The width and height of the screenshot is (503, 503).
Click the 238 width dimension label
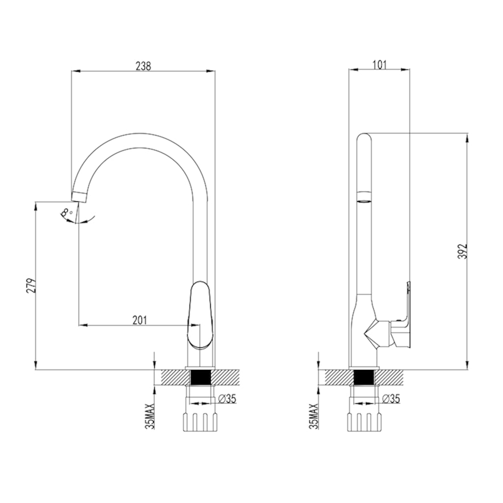click(x=143, y=66)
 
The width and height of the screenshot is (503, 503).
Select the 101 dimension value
click(x=379, y=64)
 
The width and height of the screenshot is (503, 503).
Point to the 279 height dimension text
click(x=29, y=286)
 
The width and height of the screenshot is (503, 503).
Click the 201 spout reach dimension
click(x=140, y=320)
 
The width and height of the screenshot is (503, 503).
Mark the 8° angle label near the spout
click(x=67, y=214)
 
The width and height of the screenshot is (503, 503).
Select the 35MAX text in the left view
click(x=150, y=417)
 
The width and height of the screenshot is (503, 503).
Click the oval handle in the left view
click(x=200, y=314)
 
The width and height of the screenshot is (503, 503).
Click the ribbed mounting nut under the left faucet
click(x=199, y=421)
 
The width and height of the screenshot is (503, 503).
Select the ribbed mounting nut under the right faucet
click(x=364, y=421)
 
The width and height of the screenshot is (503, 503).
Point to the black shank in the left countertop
click(x=199, y=378)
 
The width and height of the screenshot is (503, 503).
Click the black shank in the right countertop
click(x=364, y=378)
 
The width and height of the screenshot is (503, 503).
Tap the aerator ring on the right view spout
click(x=364, y=197)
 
